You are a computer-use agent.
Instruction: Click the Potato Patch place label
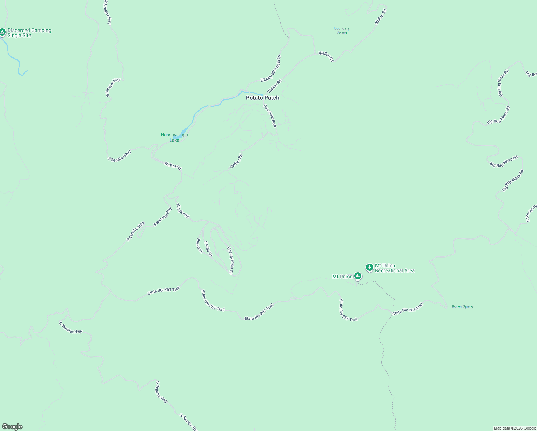point(262,98)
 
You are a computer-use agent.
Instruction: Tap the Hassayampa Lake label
point(174,138)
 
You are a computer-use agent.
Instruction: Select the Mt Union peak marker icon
point(358,276)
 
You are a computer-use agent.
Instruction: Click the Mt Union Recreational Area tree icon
point(369,267)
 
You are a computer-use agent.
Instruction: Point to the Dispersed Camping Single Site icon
point(3,32)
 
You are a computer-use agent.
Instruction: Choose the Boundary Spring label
point(342,31)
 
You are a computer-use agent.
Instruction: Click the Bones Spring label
point(462,306)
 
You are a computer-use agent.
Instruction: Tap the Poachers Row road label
point(270,116)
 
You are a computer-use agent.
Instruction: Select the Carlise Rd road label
point(236,161)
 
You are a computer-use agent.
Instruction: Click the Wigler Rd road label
point(182,211)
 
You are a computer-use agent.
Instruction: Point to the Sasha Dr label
point(208,249)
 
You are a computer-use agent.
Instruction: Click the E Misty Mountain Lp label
point(271,69)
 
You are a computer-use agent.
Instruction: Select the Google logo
point(12,427)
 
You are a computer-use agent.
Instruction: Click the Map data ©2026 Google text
point(515,428)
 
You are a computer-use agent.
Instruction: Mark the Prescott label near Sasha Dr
point(200,246)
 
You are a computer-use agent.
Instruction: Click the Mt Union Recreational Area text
point(394,268)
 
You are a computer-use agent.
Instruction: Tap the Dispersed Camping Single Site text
point(29,33)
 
